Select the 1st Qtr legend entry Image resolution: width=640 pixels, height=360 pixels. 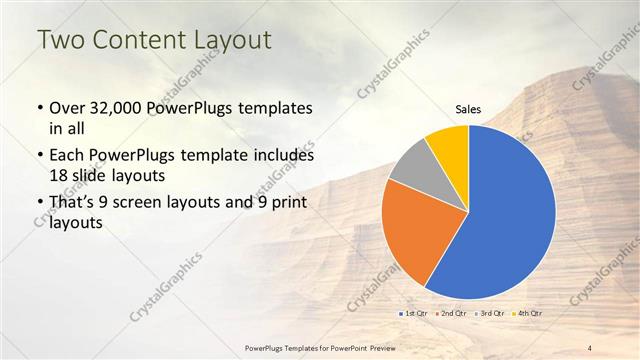tap(415, 315)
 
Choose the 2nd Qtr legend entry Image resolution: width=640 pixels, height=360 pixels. tap(450, 315)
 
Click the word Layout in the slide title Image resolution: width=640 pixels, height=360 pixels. tap(232, 41)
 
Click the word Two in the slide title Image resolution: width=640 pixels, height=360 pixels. tap(61, 41)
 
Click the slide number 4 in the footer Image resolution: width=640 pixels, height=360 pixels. tap(591, 348)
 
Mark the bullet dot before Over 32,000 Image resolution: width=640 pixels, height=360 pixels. tap(39, 108)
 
